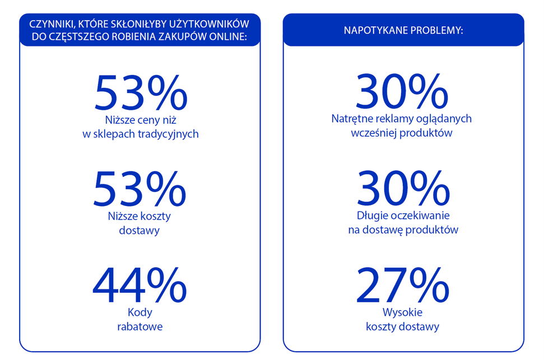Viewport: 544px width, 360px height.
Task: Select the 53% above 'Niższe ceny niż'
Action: pos(141,93)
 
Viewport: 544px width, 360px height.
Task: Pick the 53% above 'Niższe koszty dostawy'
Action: pos(140,189)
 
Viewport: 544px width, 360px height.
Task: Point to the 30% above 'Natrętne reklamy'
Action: pos(402,93)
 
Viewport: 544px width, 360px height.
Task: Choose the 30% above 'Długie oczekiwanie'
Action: pos(402,189)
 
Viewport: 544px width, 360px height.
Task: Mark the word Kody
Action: pos(140,312)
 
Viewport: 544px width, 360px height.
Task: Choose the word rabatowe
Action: pos(140,326)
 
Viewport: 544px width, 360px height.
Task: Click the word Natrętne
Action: pos(350,119)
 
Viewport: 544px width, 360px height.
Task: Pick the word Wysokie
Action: pos(402,312)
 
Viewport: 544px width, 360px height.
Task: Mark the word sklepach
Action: pos(111,134)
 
